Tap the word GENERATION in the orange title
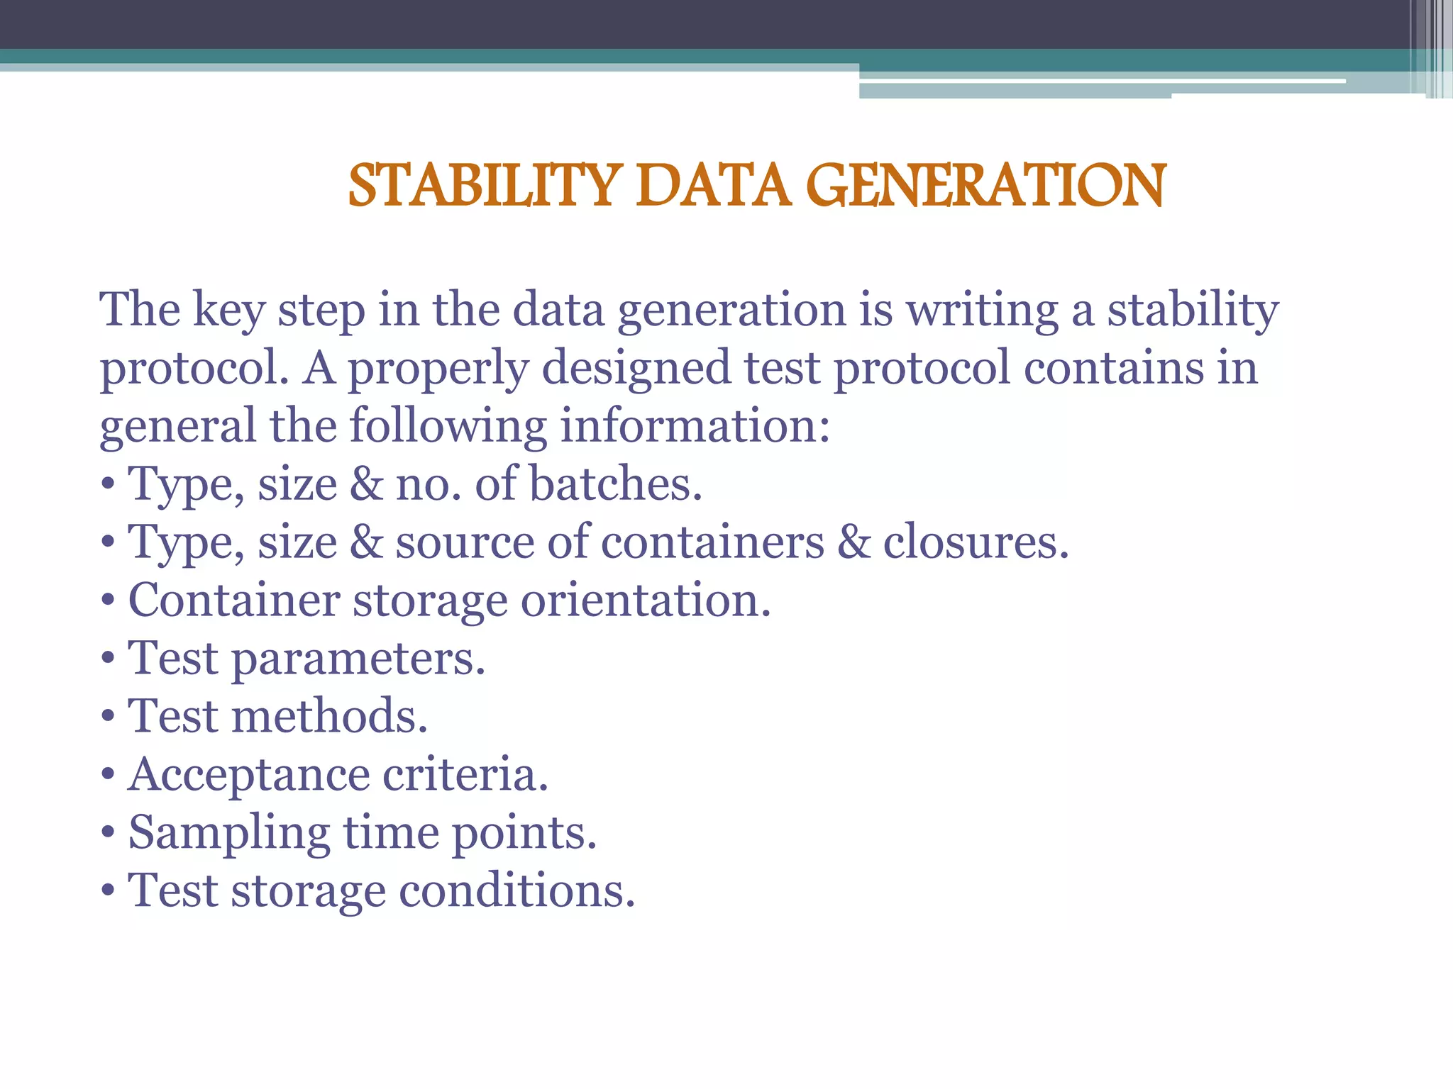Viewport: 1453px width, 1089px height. click(985, 186)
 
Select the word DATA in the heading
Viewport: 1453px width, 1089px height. click(713, 186)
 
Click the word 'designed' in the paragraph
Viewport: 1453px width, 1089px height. click(636, 369)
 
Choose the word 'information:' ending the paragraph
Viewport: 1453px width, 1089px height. click(695, 426)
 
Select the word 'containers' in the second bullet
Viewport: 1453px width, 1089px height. click(712, 542)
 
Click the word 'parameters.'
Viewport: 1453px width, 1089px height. click(358, 659)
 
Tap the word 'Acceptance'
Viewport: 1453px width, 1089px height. click(248, 774)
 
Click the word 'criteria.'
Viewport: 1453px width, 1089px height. click(465, 774)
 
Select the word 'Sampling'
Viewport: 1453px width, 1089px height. click(229, 832)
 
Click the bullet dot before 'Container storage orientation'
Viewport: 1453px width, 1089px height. click(108, 602)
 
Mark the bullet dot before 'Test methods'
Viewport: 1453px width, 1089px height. click(108, 717)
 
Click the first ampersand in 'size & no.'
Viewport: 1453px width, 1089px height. click(366, 484)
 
